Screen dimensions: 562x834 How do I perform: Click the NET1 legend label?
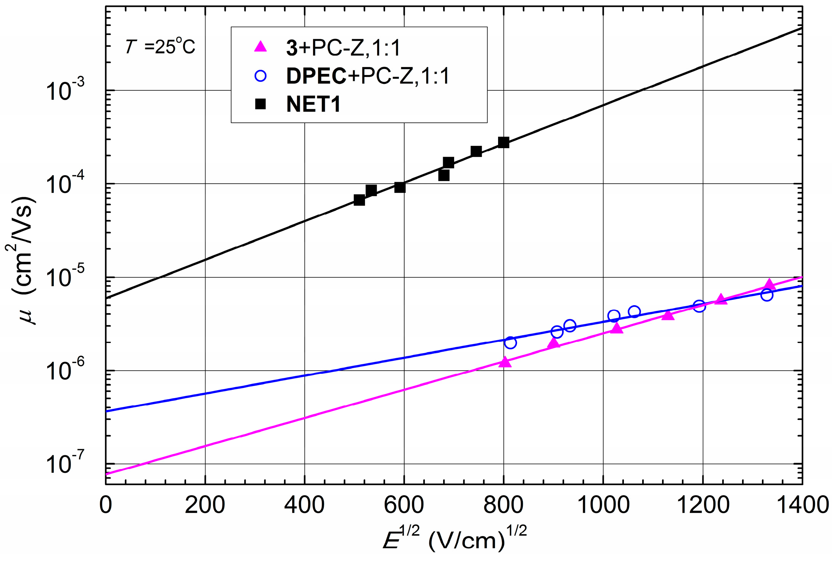313,104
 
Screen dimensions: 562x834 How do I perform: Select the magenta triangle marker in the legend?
260,47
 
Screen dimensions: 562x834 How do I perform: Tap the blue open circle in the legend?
260,76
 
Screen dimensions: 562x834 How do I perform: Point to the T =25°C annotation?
160,47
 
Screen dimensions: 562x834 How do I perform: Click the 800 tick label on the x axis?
503,505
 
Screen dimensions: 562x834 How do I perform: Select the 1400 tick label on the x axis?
802,505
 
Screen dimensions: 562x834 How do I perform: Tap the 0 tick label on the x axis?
106,505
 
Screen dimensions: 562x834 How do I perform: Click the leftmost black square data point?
359,200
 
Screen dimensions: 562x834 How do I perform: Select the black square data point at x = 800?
503,143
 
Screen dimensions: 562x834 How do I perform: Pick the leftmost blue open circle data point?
510,343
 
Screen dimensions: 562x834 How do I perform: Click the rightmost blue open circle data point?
767,295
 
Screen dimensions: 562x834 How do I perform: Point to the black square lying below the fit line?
444,176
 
